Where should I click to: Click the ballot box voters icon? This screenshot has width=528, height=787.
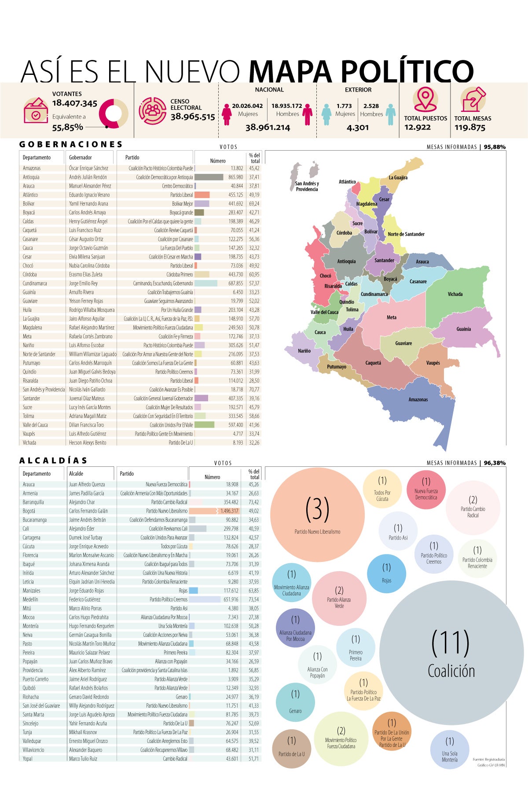tap(36, 111)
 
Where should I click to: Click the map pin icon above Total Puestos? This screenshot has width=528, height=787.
tap(425, 100)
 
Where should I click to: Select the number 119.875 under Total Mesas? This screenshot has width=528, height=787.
tap(469, 128)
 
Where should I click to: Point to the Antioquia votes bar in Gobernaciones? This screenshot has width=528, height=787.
tap(209, 177)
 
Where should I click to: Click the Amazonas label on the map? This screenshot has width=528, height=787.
tap(418, 399)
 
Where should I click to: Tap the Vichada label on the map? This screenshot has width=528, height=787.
tap(455, 294)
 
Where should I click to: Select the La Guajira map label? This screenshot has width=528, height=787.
tap(398, 177)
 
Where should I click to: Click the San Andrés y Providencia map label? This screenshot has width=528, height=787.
tap(307, 186)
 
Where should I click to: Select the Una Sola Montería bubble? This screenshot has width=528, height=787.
tap(450, 750)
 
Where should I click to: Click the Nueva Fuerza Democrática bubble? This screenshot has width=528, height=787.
tap(426, 489)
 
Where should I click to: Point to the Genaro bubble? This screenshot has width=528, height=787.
tap(295, 702)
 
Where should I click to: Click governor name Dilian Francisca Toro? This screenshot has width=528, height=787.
tap(86, 425)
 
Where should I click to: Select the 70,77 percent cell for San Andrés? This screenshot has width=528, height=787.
tap(254, 389)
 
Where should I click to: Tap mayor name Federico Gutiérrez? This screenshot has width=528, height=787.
tap(84, 599)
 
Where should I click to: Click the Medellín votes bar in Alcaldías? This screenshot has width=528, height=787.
tap(205, 599)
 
